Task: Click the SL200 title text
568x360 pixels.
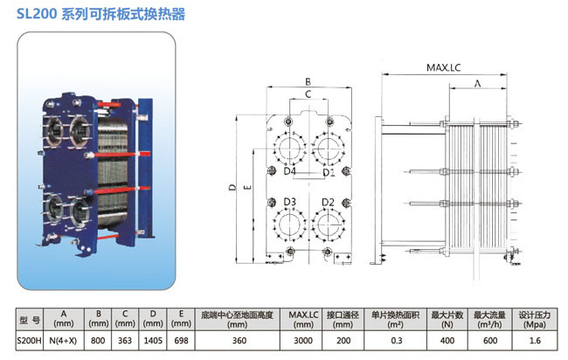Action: (100, 14)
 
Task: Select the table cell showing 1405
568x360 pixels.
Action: (153, 341)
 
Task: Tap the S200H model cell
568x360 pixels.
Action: (30, 341)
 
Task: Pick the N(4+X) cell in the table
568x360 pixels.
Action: (64, 341)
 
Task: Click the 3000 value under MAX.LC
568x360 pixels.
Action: (303, 341)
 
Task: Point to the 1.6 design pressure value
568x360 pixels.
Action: (535, 341)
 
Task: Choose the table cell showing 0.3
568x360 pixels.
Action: (397, 341)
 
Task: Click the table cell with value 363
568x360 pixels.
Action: (125, 341)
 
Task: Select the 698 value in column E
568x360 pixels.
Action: (181, 341)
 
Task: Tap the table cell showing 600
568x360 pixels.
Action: (490, 341)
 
